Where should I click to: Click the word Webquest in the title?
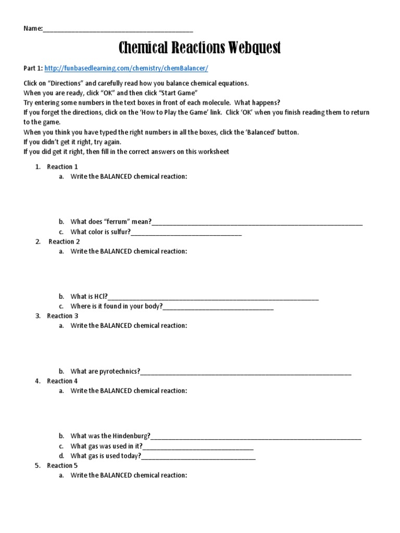[x=254, y=48]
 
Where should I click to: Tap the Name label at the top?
[x=32, y=28]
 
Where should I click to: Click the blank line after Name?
[x=118, y=29]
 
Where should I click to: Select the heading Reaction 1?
[x=63, y=167]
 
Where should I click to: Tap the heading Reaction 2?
[x=64, y=242]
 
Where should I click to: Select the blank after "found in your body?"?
[x=218, y=307]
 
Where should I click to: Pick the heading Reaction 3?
[x=63, y=316]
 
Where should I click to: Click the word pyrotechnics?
[x=120, y=371]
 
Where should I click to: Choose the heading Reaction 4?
[x=63, y=381]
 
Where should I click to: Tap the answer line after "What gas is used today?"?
[x=198, y=457]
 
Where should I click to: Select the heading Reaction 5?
[x=63, y=465]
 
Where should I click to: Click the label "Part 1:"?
[x=33, y=68]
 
